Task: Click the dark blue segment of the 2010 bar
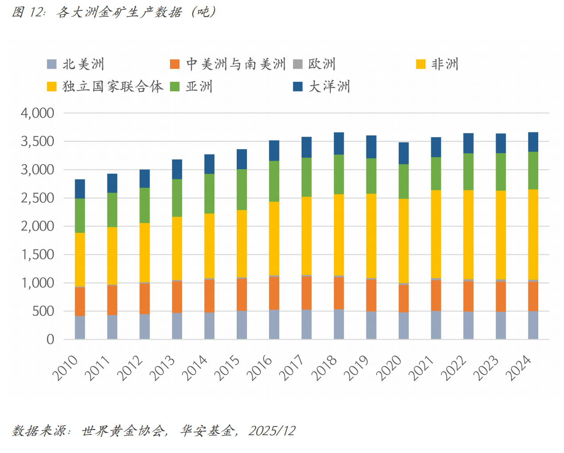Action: pyautogui.click(x=80, y=189)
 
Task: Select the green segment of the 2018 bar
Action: pyautogui.click(x=339, y=174)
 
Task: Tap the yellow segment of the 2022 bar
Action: pyautogui.click(x=469, y=234)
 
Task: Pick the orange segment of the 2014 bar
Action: pyautogui.click(x=210, y=296)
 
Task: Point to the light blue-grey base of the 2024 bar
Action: pyautogui.click(x=533, y=325)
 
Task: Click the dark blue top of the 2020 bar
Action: pyautogui.click(x=404, y=153)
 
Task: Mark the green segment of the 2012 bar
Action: pyautogui.click(x=145, y=205)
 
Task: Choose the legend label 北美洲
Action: pyautogui.click(x=83, y=64)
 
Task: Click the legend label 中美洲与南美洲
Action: pyautogui.click(x=235, y=64)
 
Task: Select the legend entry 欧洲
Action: pyautogui.click(x=322, y=64)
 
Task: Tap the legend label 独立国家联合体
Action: pyautogui.click(x=113, y=87)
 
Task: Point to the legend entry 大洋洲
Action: pyautogui.click(x=329, y=87)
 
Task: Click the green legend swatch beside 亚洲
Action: pyautogui.click(x=175, y=87)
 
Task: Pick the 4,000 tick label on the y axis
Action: pyautogui.click(x=38, y=113)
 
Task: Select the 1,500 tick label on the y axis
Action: pyautogui.click(x=38, y=254)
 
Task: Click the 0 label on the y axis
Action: pyautogui.click(x=50, y=340)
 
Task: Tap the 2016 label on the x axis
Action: pyautogui.click(x=259, y=368)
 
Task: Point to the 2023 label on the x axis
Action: pyautogui.click(x=486, y=368)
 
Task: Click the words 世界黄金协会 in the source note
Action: pyautogui.click(x=123, y=431)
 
